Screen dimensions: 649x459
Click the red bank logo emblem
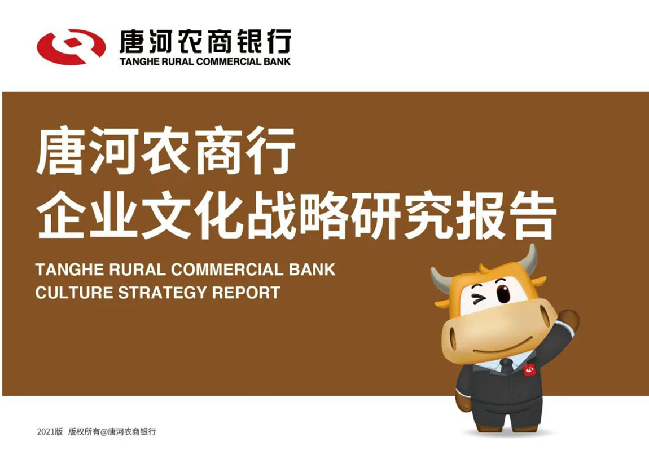71,47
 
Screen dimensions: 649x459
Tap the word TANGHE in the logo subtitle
136,61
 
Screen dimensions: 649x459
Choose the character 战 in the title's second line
270,215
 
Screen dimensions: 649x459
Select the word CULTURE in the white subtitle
74,293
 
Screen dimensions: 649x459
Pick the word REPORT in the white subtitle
246,293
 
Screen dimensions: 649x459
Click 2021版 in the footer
50,432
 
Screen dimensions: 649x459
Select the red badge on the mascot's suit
530,370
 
